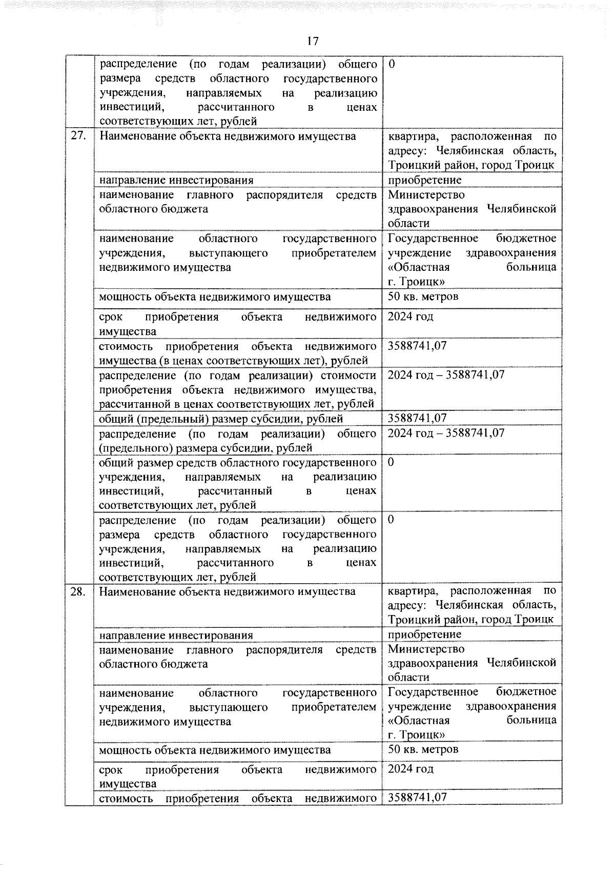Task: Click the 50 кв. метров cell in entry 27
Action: (x=423, y=296)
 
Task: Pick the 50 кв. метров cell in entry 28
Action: (x=423, y=749)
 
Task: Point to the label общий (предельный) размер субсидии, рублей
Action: (x=221, y=419)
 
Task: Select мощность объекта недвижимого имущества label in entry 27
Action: (x=215, y=297)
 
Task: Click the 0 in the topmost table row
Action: (x=392, y=64)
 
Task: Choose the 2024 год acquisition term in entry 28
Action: (x=411, y=769)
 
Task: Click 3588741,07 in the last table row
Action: (x=417, y=798)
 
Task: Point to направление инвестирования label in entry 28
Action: (x=176, y=636)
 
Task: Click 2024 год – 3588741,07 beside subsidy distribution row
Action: (x=446, y=433)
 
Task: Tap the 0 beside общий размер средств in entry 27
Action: (x=391, y=463)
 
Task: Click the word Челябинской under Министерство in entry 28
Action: (x=522, y=663)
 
